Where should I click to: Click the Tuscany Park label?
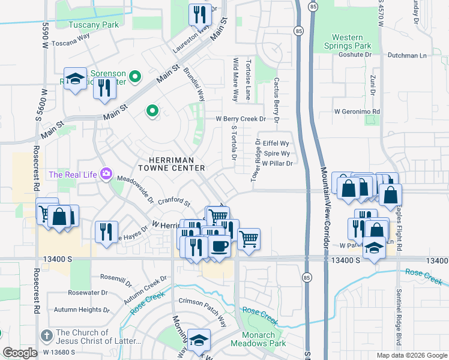tap(93, 25)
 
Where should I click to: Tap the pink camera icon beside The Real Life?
tap(107, 174)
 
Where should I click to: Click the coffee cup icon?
tap(219, 246)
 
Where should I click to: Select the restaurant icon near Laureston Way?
tap(200, 14)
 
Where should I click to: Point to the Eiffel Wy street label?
tap(276, 143)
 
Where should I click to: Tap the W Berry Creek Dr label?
tap(241, 119)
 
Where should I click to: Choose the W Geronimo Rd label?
tap(358, 112)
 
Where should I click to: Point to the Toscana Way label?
tap(70, 35)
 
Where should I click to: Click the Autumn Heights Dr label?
tap(82, 310)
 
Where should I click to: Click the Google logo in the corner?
tap(20, 353)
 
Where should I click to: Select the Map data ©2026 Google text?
tap(411, 355)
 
